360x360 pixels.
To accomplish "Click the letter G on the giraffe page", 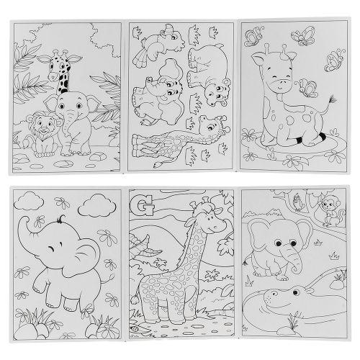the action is (x=142, y=204).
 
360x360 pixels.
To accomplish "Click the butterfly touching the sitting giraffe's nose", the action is (x=307, y=88).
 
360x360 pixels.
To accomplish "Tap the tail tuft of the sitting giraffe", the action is (x=332, y=99).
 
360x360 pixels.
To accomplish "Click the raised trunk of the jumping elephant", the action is (x=25, y=230).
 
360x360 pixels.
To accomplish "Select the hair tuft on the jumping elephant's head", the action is (x=60, y=218).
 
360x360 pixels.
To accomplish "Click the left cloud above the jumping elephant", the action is (x=29, y=201).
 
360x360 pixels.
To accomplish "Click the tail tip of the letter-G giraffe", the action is (x=134, y=300).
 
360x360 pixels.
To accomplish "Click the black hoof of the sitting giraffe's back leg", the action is (x=323, y=138).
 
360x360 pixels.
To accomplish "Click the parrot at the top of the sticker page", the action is (x=160, y=43).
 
